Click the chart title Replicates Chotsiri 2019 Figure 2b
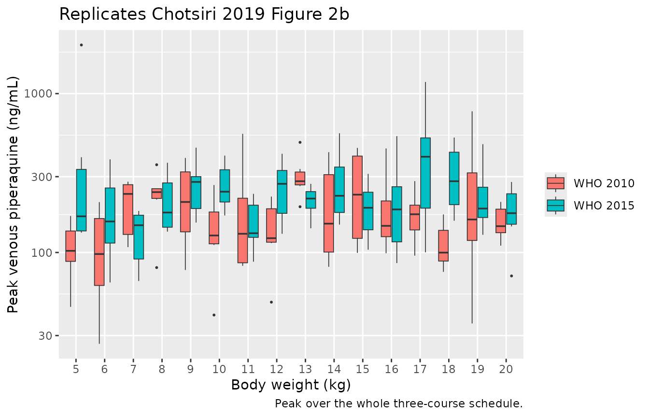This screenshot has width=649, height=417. [204, 14]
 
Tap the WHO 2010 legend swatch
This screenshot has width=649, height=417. [555, 183]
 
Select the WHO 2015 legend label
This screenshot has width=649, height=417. [604, 206]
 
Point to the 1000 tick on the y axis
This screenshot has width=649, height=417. [37, 94]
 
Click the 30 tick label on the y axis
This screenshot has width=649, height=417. [44, 335]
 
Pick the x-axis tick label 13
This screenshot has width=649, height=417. [305, 369]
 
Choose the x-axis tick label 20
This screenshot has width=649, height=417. [506, 369]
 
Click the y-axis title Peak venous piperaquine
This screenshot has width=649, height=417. [13, 195]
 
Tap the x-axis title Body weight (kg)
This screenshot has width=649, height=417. [291, 385]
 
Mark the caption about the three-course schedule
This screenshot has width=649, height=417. [399, 403]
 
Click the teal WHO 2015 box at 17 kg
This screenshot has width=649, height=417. [425, 173]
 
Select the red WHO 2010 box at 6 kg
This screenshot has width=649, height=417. [99, 252]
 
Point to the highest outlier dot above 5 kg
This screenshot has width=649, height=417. [82, 45]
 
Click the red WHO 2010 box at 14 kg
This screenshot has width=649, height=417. [328, 213]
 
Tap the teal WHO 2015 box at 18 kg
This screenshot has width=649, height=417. [454, 179]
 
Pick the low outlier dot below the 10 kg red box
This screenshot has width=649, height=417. [214, 315]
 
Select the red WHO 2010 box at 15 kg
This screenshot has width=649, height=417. [357, 197]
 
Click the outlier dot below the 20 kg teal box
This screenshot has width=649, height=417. [511, 276]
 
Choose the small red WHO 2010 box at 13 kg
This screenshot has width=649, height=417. [300, 179]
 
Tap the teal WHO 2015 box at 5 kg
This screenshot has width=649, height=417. [82, 200]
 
